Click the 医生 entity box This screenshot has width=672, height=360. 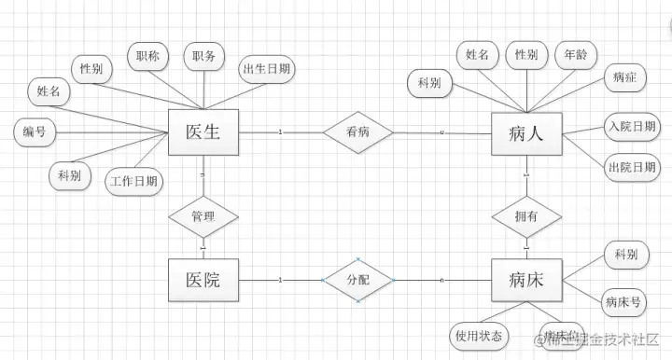[203, 132]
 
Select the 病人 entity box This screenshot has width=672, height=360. [527, 133]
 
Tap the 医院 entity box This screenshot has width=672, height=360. [203, 280]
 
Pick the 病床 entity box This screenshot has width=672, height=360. [527, 280]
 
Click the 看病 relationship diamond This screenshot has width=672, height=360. [357, 132]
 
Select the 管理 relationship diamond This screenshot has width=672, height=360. [203, 216]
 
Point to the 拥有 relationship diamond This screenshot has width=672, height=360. [527, 216]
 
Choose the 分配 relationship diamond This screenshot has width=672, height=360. [357, 279]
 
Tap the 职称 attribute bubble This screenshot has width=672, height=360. [147, 57]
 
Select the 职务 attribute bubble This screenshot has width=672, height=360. [204, 57]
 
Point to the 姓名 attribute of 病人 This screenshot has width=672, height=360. [478, 55]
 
